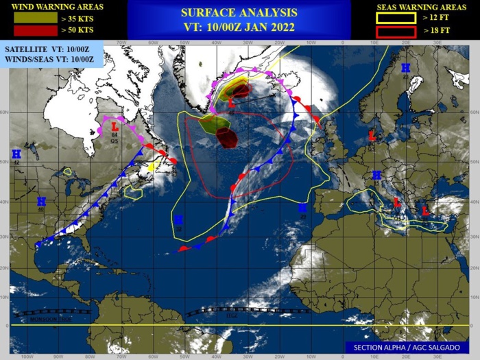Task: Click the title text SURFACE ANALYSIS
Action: click(239, 12)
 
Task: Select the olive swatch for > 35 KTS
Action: click(30, 18)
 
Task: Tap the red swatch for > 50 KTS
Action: click(30, 31)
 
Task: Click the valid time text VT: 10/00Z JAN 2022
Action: click(239, 27)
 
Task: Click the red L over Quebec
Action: click(115, 126)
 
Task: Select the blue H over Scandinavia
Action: click(405, 68)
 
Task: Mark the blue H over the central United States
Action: click(41, 202)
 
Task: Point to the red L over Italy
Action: click(396, 202)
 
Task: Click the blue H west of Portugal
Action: click(302, 207)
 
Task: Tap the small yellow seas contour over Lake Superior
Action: click(67, 171)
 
